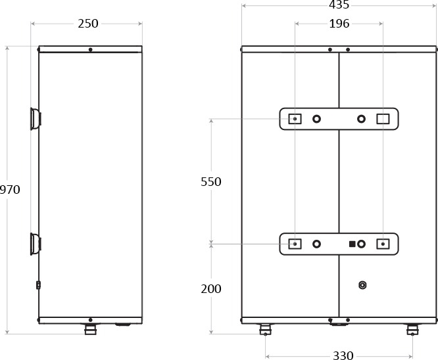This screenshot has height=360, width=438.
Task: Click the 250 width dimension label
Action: point(88,24)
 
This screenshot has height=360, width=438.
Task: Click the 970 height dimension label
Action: point(10,190)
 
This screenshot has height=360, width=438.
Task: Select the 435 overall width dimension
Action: point(339,5)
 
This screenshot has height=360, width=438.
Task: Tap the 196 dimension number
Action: point(339,24)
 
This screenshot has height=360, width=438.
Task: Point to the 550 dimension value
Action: point(211,182)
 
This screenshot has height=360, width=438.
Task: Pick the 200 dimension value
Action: point(211,289)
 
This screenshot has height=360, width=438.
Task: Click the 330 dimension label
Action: point(343,355)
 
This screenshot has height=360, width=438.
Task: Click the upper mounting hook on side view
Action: point(36,119)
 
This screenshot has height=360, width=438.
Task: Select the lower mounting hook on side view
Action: point(36,244)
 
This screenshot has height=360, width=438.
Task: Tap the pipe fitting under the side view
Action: point(90,329)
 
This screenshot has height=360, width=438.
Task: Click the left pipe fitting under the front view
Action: point(266,329)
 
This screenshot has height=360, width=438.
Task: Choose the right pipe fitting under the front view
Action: point(412,329)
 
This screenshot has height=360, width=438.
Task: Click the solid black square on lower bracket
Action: point(353,244)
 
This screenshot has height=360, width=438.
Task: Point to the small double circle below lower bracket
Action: point(362,285)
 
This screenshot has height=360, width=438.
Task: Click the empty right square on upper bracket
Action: point(383,119)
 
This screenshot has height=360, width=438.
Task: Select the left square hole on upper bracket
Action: point(295,119)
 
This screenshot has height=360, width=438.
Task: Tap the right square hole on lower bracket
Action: point(383,244)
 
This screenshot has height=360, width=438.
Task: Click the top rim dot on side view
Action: point(90,50)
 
